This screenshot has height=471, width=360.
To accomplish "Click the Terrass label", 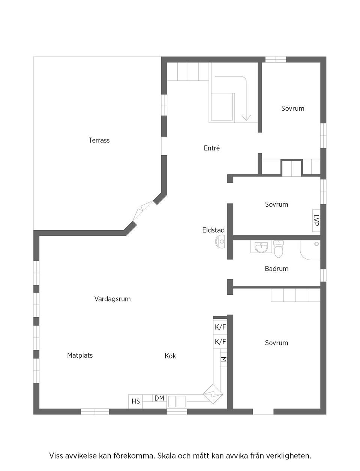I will tap(99, 140).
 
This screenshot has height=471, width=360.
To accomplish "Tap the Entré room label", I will tap(211, 148).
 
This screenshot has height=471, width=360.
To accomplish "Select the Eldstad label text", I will tap(213, 230).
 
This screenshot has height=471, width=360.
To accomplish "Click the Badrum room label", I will tap(276, 268).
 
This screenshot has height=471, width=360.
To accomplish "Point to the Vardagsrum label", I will tap(112, 299).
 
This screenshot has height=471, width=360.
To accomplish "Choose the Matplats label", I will tap(79, 355).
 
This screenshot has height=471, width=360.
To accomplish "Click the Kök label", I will tap(170, 356).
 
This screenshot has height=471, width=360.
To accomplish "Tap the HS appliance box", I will tap(136, 401).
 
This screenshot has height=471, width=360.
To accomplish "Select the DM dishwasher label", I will tap(159, 398).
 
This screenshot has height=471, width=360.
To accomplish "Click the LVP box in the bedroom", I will tap(316, 220).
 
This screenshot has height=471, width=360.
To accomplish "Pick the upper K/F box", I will tap(220, 327).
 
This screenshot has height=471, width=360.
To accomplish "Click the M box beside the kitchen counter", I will tap(223, 359).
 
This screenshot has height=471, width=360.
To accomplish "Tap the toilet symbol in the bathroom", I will tap(279, 249).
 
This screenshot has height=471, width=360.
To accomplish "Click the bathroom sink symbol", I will tap(261, 247).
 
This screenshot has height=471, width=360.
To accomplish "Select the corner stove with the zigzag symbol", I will tap(213, 394).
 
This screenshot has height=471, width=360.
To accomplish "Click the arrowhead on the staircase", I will tap(246, 117).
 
